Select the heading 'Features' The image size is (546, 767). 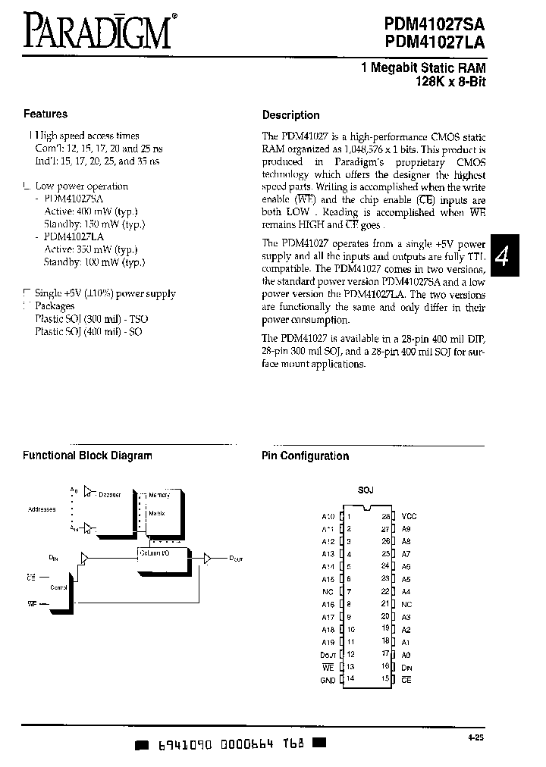45,114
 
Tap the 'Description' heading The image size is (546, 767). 290,115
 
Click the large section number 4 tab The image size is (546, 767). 501,256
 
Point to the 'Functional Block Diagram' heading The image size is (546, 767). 87,456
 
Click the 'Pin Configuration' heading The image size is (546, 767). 305,456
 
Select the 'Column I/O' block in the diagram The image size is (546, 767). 157,553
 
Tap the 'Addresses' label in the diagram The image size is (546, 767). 42,509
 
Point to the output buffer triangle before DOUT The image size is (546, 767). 207,558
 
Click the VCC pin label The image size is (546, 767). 409,516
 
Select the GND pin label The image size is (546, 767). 328,680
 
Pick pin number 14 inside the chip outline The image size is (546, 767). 350,680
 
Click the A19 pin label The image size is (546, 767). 328,640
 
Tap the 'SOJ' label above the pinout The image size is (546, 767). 366,490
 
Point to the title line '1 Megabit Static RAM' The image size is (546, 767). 423,68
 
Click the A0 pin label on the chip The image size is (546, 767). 406,653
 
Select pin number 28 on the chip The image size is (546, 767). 385,516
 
